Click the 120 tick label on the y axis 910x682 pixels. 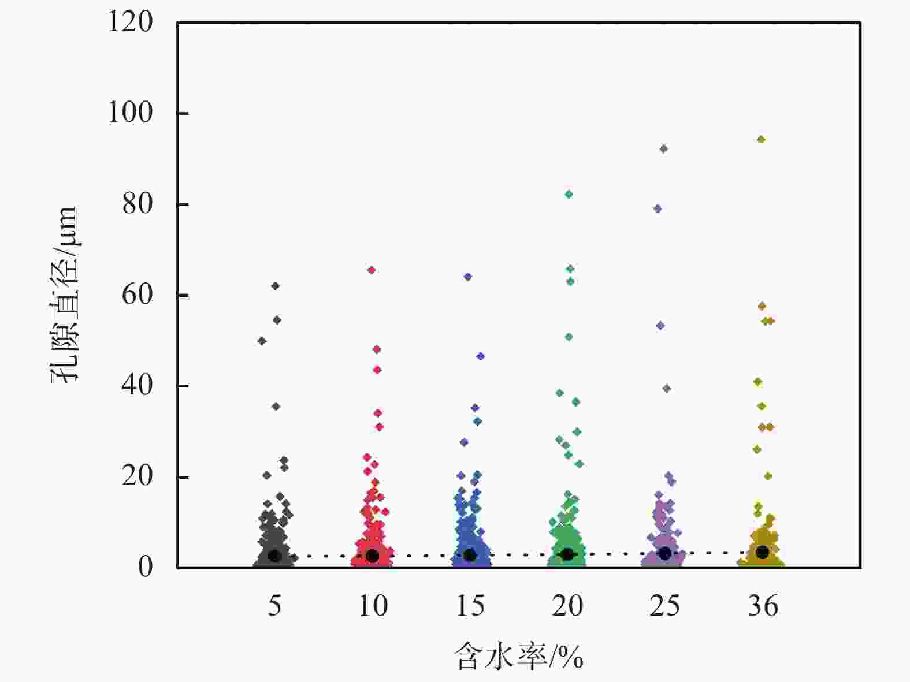(x=131, y=23)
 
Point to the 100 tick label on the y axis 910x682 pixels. (x=131, y=113)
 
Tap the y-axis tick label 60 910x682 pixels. (x=138, y=295)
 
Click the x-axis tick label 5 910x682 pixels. (x=274, y=606)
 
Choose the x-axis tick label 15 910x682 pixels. (x=470, y=606)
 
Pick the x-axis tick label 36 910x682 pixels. (x=763, y=606)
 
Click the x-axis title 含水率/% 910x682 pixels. (x=518, y=657)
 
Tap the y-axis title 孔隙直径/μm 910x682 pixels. (x=64, y=295)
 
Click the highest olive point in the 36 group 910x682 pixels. (x=762, y=139)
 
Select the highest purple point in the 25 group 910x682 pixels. (x=664, y=148)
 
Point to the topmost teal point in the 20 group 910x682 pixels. (x=569, y=194)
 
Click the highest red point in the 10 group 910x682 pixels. (x=372, y=270)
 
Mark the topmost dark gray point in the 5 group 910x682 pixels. (x=276, y=286)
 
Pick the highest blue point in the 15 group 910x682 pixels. (x=468, y=277)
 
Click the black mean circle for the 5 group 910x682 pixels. (x=274, y=556)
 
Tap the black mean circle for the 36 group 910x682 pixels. (x=763, y=553)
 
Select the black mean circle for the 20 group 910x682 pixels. (x=568, y=554)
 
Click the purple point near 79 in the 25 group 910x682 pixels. (x=658, y=208)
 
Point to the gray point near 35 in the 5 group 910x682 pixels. (x=276, y=407)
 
